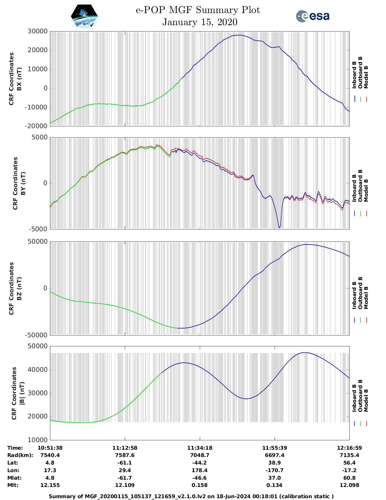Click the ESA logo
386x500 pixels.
pos(313,16)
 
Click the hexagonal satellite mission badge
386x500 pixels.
pos(84,16)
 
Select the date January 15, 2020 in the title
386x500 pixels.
pos(200,22)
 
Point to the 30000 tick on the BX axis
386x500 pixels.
pos(38,31)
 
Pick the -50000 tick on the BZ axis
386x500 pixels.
pos(36,335)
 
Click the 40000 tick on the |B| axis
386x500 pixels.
pos(38,370)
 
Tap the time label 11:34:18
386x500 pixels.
pos(200,448)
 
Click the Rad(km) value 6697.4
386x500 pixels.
pos(274,455)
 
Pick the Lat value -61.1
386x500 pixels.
pos(125,463)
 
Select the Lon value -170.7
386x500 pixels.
pos(274,470)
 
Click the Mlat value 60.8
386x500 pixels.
pos(349,478)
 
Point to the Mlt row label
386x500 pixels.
pos(13,485)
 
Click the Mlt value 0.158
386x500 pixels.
pos(200,485)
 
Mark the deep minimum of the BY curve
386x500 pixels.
pos(279,228)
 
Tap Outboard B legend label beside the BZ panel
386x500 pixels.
pos(360,293)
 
